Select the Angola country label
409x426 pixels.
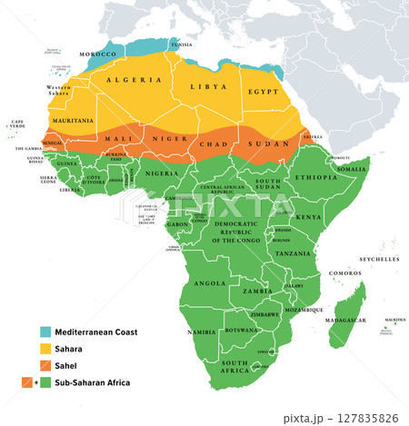(210, 282)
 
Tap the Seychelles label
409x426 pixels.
(379, 260)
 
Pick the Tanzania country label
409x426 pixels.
(294, 253)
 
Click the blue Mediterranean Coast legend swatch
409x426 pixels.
(45, 332)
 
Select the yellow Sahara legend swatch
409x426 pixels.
(45, 350)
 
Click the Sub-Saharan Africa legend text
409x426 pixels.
(93, 383)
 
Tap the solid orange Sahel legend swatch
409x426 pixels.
(45, 366)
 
